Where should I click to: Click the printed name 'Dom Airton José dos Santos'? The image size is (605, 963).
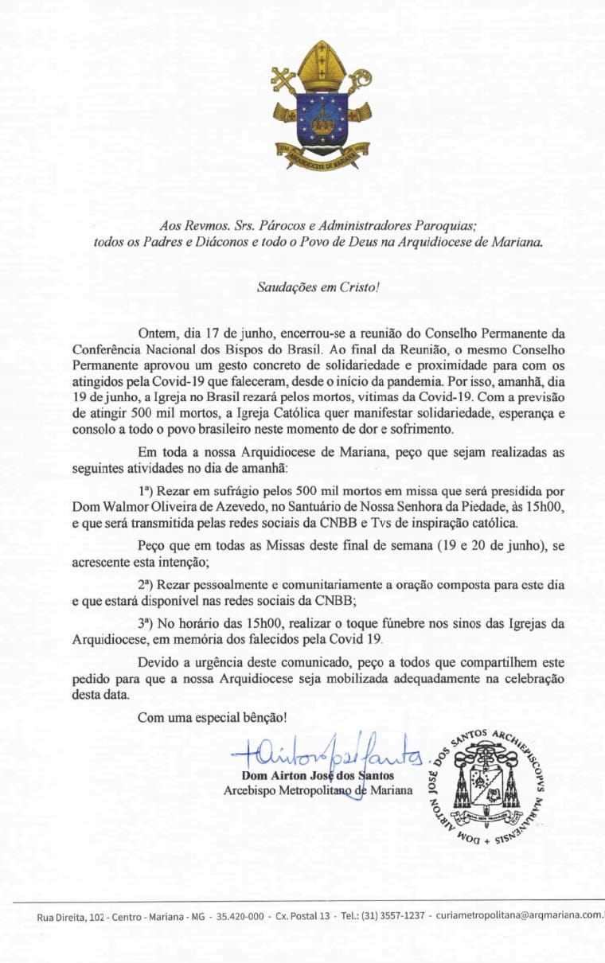(317, 775)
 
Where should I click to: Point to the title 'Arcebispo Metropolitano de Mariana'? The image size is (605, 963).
(318, 790)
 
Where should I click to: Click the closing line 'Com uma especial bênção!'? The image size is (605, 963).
(212, 717)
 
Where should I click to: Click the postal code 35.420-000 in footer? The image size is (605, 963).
(240, 915)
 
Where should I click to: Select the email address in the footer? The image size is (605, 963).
(519, 915)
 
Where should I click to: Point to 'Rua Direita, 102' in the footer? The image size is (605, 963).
(70, 916)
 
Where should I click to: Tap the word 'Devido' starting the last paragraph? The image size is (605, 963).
(158, 663)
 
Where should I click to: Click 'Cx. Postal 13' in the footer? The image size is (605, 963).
(302, 915)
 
